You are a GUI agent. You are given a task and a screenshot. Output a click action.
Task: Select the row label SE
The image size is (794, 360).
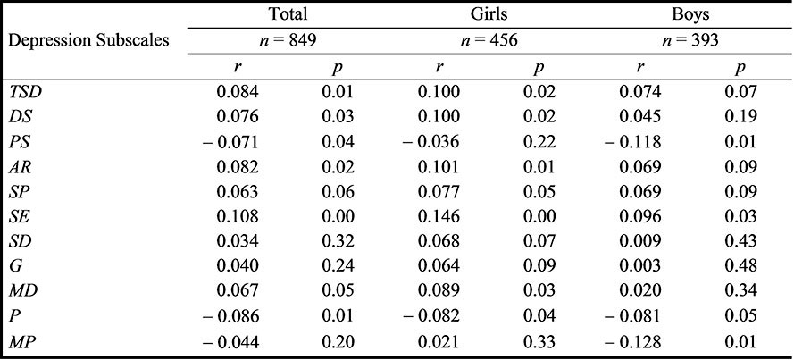[x=19, y=215]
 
